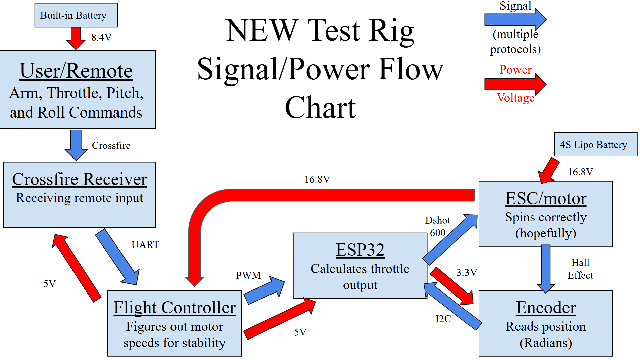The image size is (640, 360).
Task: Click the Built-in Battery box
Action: (76, 15)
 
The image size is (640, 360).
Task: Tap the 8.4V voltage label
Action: (101, 37)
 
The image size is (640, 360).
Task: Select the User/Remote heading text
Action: (76, 71)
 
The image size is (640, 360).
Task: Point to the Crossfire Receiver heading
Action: (80, 179)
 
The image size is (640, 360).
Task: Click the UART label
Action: (145, 245)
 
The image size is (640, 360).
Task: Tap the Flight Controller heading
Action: (175, 307)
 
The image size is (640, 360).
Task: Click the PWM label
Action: (248, 275)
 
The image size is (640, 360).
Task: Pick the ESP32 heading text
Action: (360, 250)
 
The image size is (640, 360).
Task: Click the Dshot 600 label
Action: (437, 226)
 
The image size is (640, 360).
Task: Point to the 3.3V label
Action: (466, 272)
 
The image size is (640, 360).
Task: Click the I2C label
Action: (443, 319)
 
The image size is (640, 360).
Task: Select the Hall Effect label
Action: (580, 269)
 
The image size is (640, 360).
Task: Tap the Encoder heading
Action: (546, 308)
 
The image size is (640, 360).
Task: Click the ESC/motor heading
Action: (546, 198)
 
